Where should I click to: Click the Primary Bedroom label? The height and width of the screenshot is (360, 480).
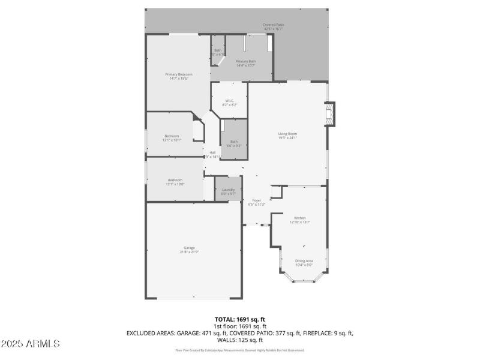pyautogui.click(x=179, y=74)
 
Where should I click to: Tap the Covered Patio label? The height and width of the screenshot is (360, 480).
pyautogui.click(x=274, y=25)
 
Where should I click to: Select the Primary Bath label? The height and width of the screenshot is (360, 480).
pyautogui.click(x=245, y=62)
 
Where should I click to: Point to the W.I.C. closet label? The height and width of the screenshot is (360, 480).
pyautogui.click(x=229, y=101)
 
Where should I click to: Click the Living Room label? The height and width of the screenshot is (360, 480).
pyautogui.click(x=287, y=134)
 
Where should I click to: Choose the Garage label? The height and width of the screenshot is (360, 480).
pyautogui.click(x=190, y=248)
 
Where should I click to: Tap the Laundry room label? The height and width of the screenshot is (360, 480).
pyautogui.click(x=228, y=190)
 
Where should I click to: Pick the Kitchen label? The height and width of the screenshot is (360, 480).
pyautogui.click(x=299, y=218)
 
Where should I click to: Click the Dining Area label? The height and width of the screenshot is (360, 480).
pyautogui.click(x=304, y=260)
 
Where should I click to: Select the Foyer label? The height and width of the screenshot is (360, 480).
pyautogui.click(x=256, y=200)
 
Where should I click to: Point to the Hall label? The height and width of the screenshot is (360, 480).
pyautogui.click(x=212, y=152)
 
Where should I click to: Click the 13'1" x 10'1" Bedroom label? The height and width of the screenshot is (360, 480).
pyautogui.click(x=172, y=136)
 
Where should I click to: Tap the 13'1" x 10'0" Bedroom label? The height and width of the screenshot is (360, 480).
pyautogui.click(x=175, y=180)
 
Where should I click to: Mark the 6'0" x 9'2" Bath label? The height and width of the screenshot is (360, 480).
pyautogui.click(x=233, y=142)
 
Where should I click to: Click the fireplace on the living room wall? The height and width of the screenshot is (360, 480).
pyautogui.click(x=330, y=113)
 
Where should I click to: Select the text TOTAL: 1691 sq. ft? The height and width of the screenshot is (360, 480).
pyautogui.click(x=239, y=319)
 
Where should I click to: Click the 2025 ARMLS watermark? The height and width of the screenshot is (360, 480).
pyautogui.click(x=30, y=344)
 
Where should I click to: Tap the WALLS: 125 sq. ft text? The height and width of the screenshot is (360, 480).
pyautogui.click(x=239, y=339)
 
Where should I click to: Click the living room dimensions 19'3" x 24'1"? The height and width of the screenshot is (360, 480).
pyautogui.click(x=287, y=138)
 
